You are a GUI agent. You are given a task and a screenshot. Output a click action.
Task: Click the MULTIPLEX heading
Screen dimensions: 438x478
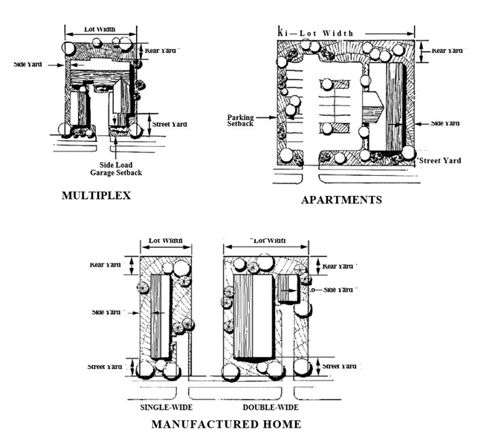click(x=97, y=197)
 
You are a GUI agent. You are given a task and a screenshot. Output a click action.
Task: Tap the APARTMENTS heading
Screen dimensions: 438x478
click(x=341, y=200)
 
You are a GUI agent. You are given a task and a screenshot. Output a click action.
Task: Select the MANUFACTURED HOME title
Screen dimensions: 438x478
click(x=226, y=424)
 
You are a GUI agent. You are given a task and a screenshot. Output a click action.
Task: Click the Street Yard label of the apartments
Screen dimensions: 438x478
click(x=440, y=160)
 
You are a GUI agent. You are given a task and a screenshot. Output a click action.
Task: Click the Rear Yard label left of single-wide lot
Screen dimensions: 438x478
click(x=106, y=264)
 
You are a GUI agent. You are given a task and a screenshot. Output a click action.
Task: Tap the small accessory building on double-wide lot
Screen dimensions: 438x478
click(x=288, y=287)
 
